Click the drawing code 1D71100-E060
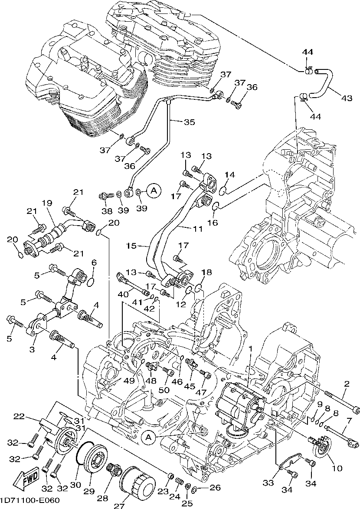[30, 500]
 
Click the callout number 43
[346, 98]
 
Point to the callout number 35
[189, 122]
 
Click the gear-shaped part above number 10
[322, 449]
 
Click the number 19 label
[47, 203]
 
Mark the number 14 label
[229, 175]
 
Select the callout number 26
[215, 487]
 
